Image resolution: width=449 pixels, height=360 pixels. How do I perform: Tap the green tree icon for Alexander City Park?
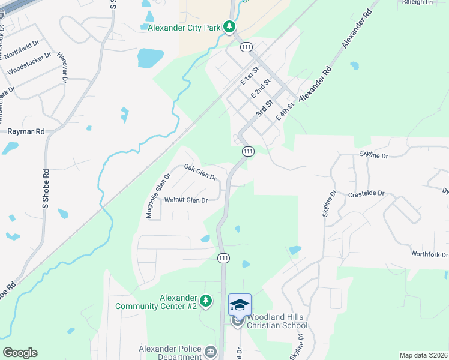click(229, 26)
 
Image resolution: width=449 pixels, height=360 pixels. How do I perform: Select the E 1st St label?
click(249, 76)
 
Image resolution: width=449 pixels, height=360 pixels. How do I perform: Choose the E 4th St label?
click(284, 112)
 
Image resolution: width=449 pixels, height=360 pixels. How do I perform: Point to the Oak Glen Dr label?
click(200, 172)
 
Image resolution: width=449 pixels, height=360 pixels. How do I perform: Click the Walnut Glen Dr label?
click(186, 200)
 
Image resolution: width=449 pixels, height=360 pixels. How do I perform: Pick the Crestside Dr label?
click(366, 195)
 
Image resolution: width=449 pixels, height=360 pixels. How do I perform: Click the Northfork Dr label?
click(430, 254)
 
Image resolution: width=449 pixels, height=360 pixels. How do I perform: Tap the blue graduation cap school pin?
click(240, 304)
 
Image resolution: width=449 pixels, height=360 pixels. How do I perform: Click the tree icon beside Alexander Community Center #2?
click(206, 300)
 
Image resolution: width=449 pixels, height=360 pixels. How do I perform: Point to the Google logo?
click(20, 352)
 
